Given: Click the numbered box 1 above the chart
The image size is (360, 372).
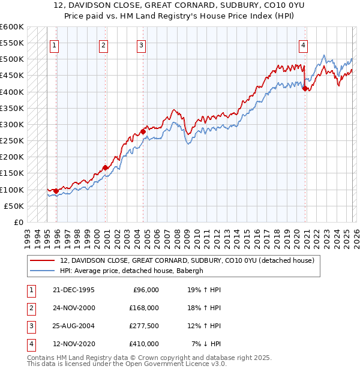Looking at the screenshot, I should [54, 44].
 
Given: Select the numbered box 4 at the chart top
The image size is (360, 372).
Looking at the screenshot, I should [304, 44].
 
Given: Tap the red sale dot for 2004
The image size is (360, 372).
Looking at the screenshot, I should [143, 131].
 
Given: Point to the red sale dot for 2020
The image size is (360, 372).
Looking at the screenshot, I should [305, 88].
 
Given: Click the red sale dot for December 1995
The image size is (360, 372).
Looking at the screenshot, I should [56, 191].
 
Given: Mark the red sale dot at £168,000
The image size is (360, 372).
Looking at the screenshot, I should [105, 167].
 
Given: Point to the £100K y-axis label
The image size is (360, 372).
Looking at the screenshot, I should [11, 190].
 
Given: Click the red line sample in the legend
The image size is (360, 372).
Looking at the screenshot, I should [42, 260].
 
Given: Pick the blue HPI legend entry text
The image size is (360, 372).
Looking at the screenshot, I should [132, 271].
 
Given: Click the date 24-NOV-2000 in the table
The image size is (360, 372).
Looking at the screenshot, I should [74, 308].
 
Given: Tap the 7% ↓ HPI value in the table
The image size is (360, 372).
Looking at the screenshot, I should [206, 344].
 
